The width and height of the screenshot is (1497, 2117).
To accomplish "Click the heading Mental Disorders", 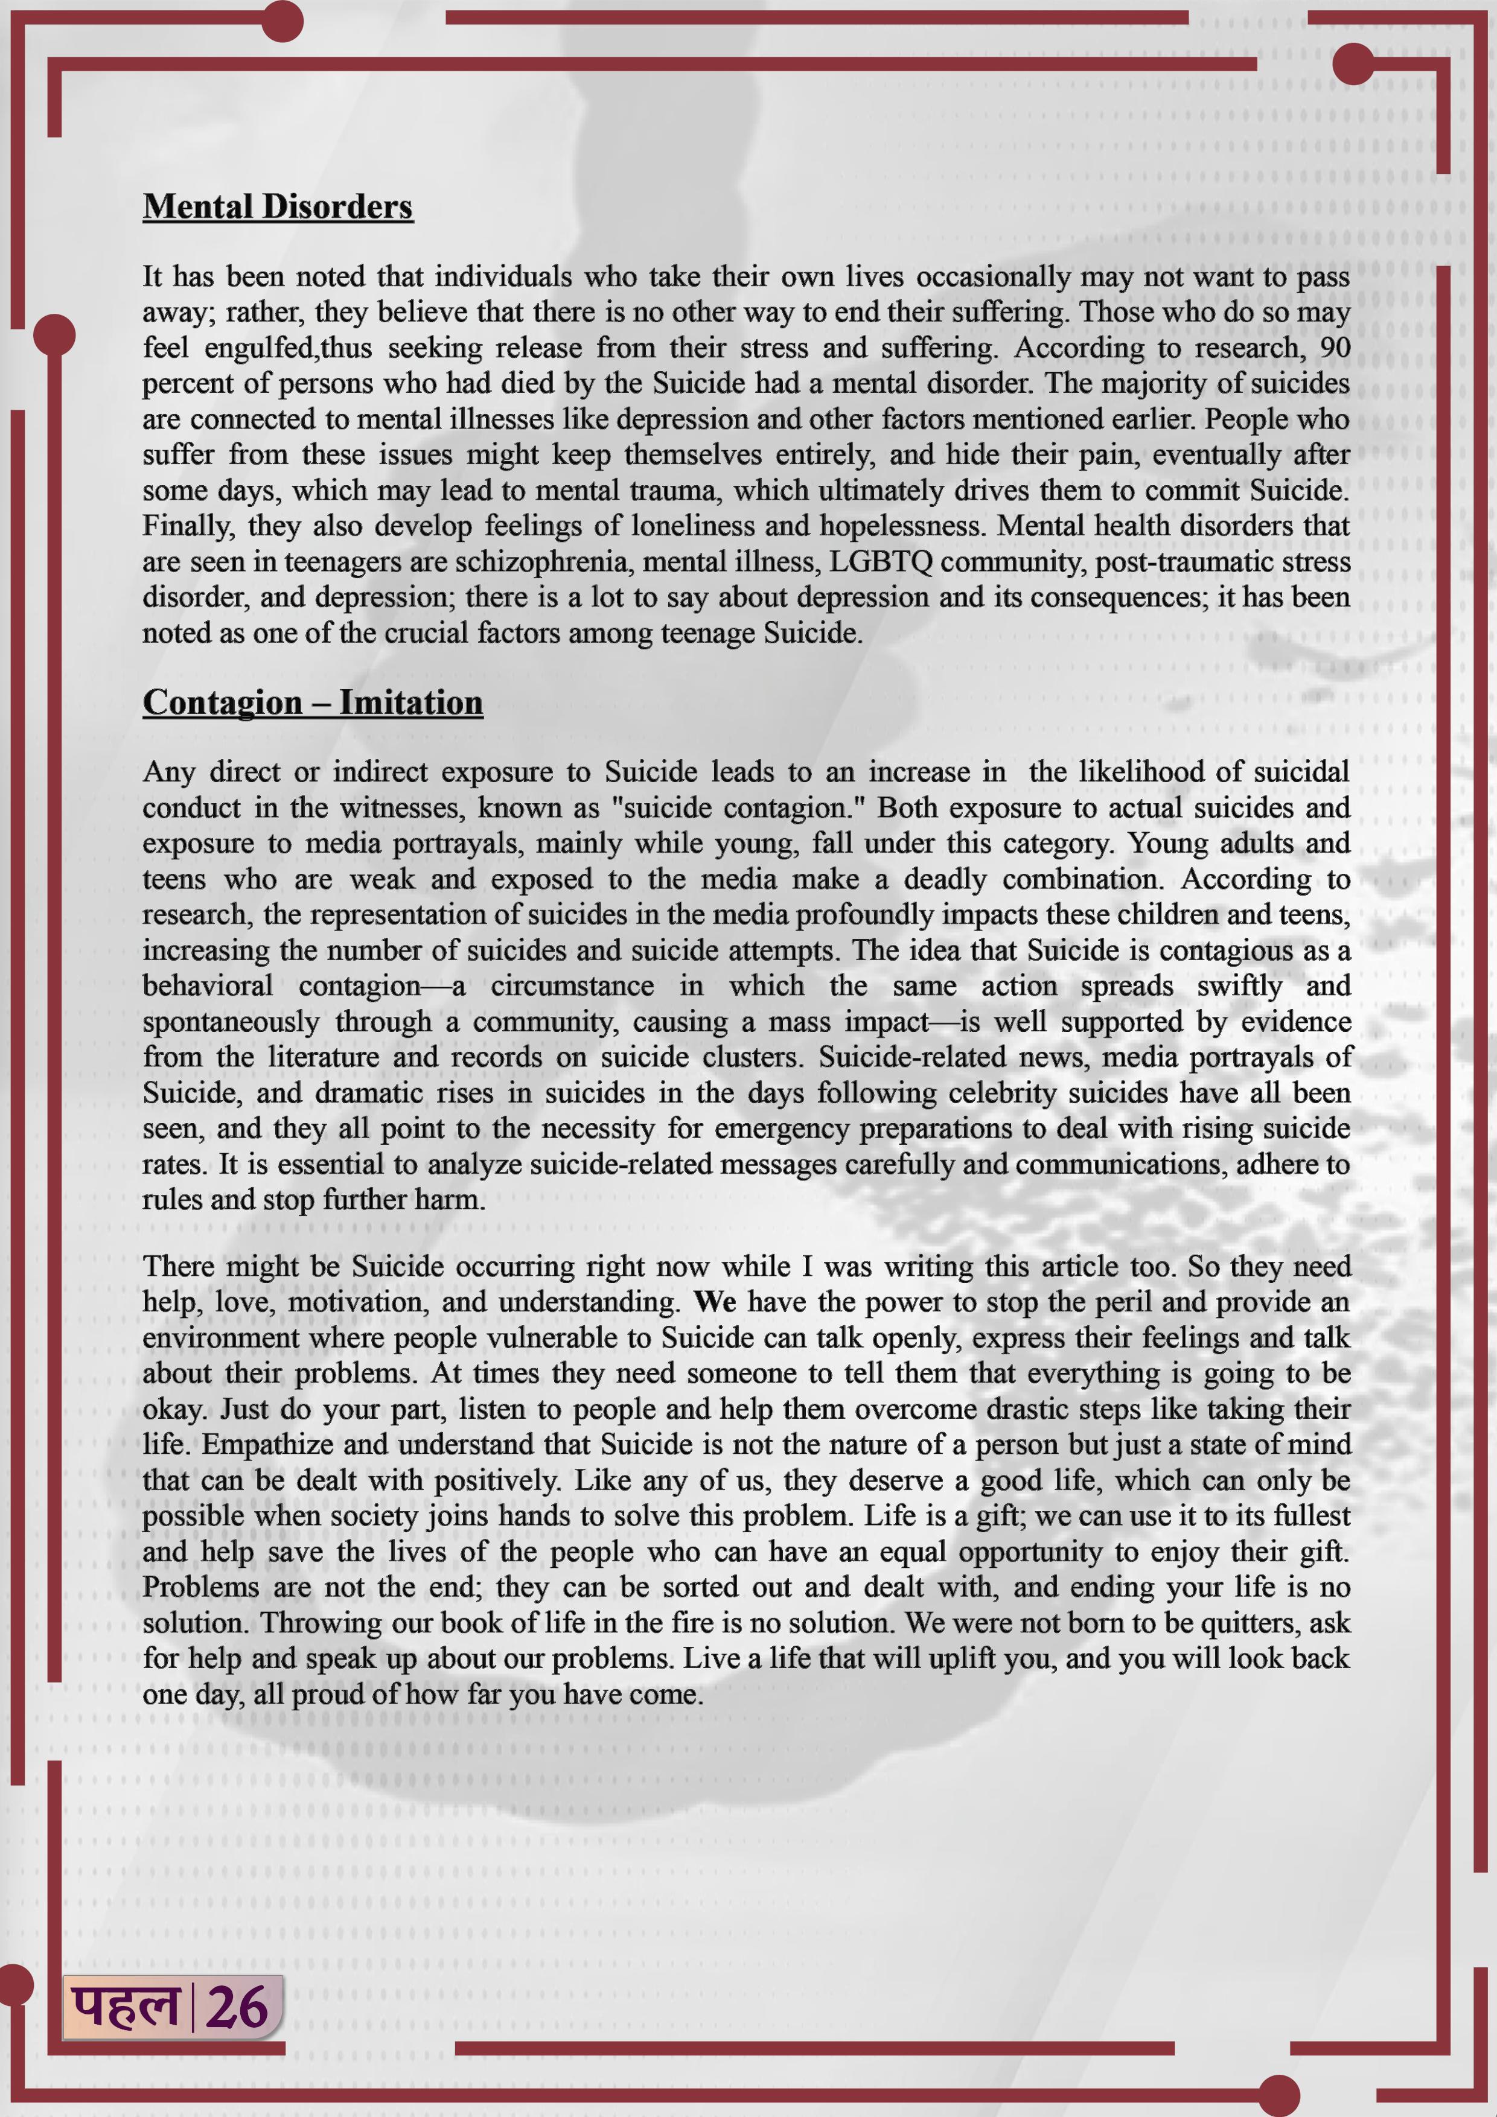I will [278, 206].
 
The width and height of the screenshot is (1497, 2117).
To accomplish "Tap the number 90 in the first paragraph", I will [1334, 348].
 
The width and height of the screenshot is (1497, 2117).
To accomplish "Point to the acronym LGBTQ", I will [881, 561].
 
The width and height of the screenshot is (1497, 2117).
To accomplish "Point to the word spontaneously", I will [231, 1022].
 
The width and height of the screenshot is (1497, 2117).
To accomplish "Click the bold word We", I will [715, 1302].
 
